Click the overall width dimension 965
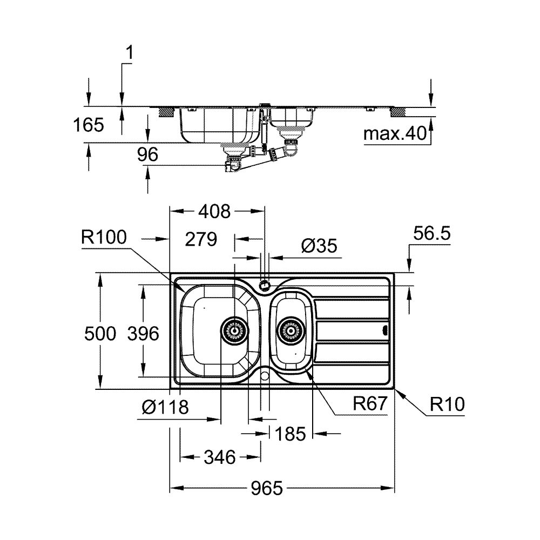click(267, 488)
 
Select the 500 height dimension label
click(100, 333)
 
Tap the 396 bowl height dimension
click(143, 333)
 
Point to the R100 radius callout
click(104, 237)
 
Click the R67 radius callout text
click(370, 403)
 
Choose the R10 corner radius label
click(447, 404)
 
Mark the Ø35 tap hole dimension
click(319, 246)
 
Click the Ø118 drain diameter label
click(165, 407)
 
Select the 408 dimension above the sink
click(214, 211)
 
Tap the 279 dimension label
click(201, 239)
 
